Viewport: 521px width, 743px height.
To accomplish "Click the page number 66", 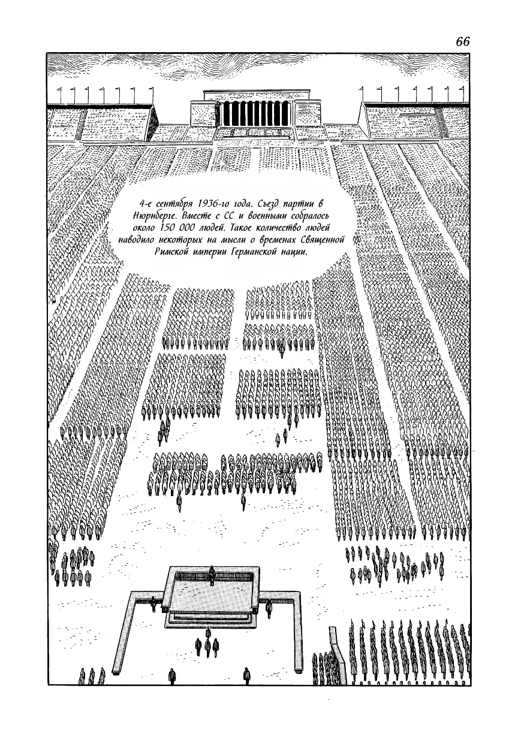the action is pyautogui.click(x=463, y=42).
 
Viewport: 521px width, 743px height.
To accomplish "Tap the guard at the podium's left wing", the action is pyautogui.click(x=153, y=605).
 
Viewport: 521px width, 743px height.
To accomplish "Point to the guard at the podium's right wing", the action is pyautogui.click(x=269, y=606).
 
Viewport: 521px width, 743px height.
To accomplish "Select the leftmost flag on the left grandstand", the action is pyautogui.click(x=60, y=95).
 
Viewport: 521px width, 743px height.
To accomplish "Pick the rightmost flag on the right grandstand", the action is pyautogui.click(x=461, y=95).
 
